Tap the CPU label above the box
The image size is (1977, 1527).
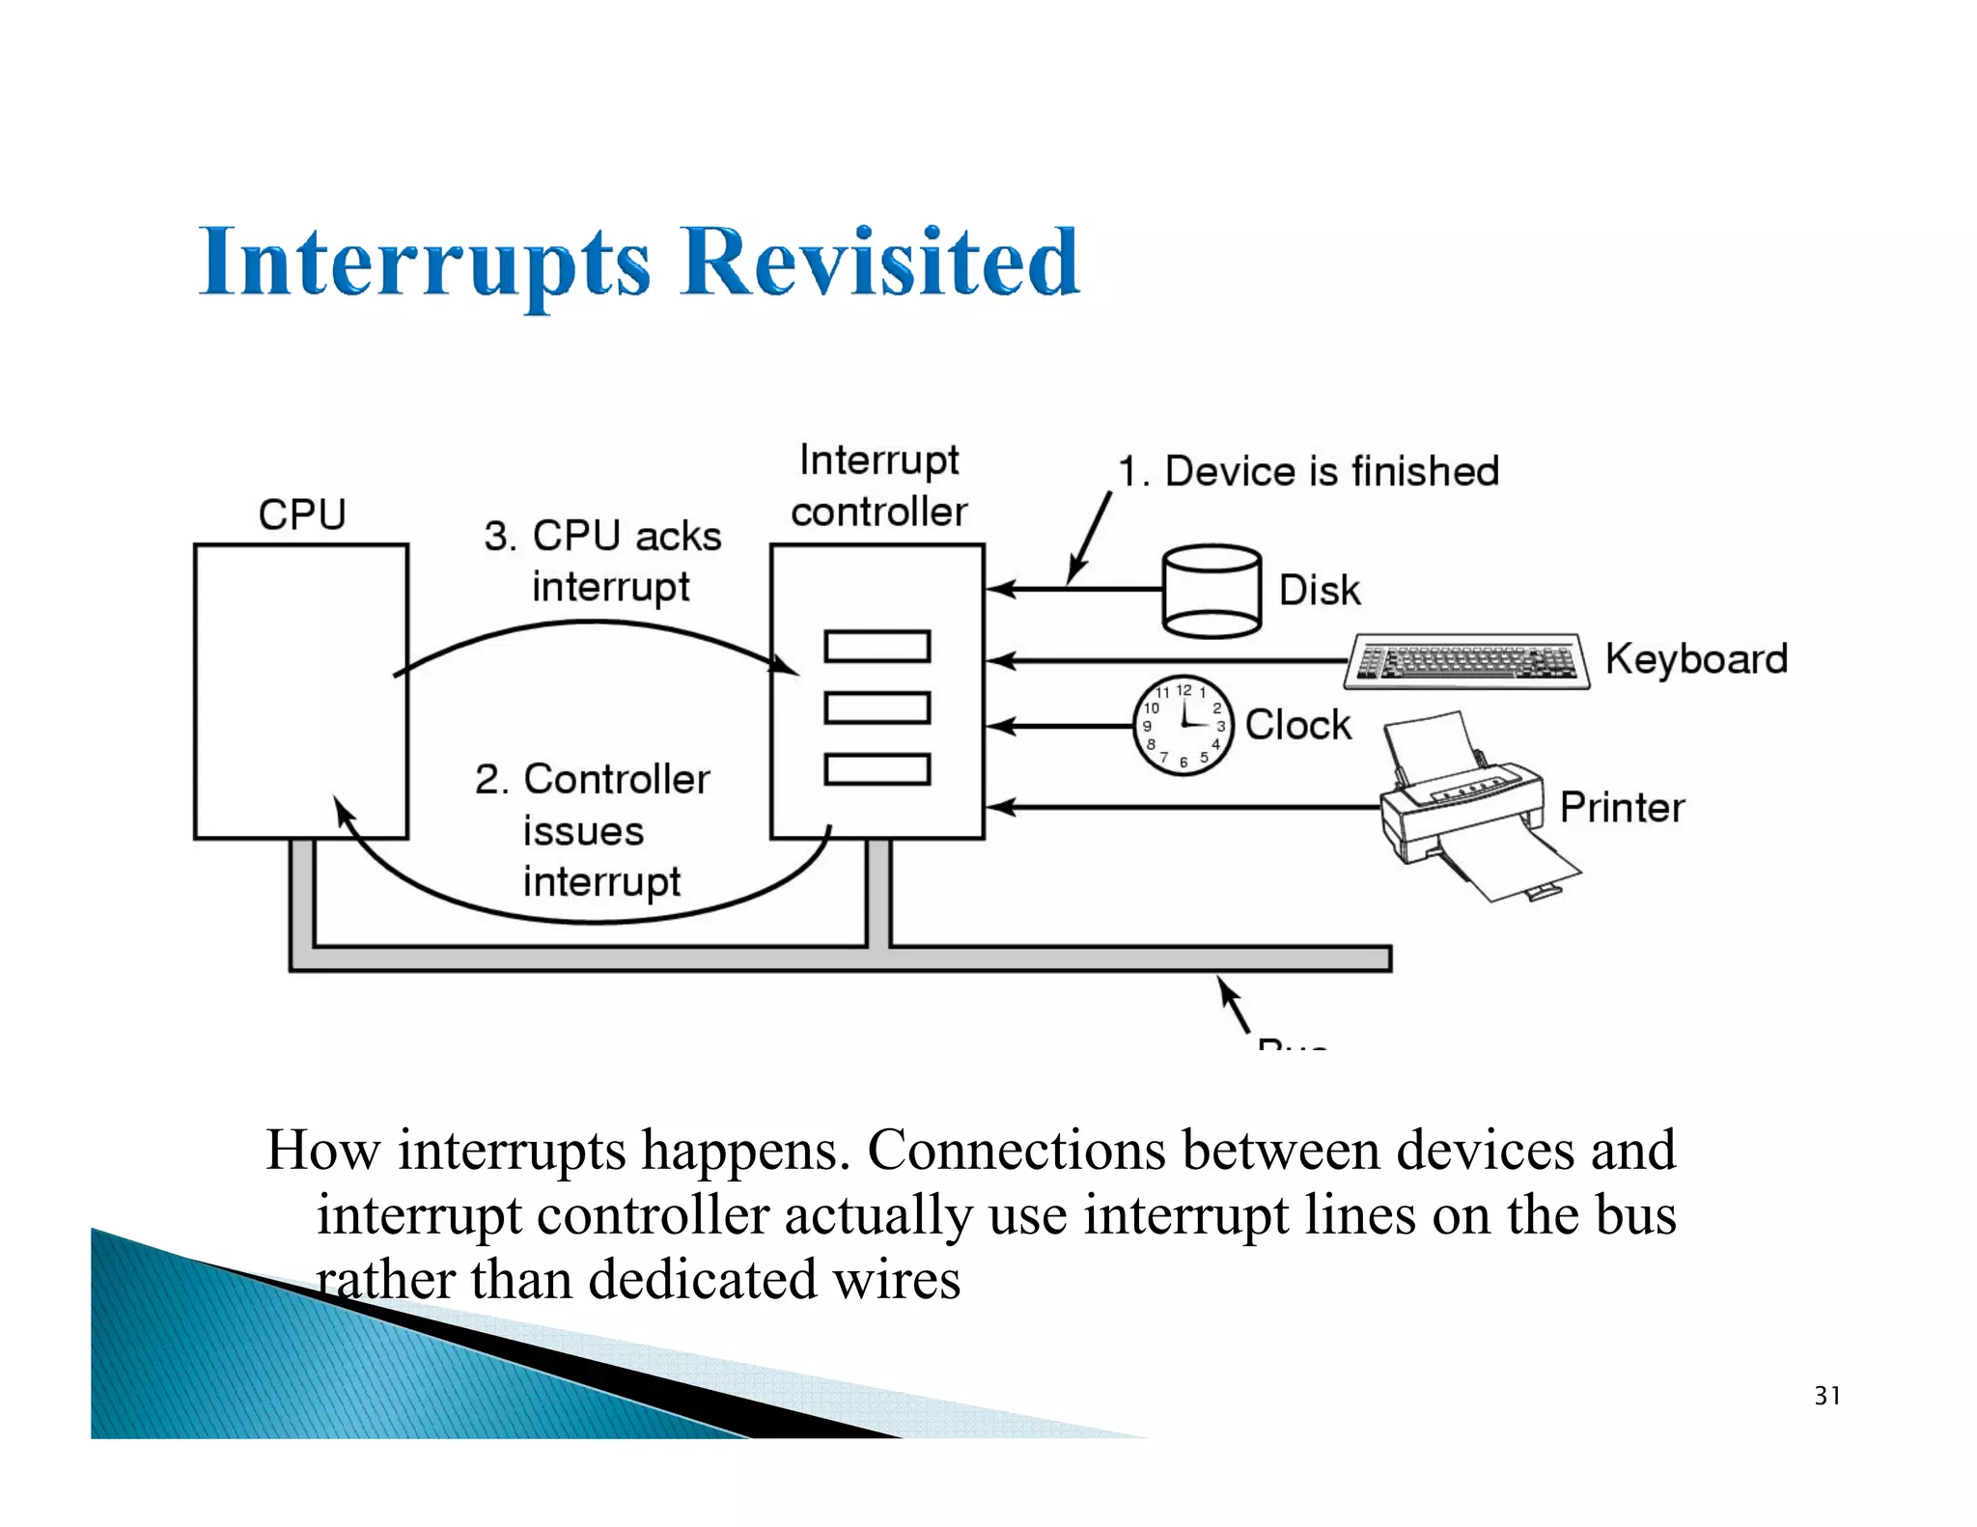(x=301, y=514)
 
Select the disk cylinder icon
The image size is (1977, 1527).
(x=1211, y=591)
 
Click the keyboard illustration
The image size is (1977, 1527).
(x=1465, y=661)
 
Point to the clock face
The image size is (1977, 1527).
(x=1183, y=725)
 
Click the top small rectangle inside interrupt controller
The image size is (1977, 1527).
(x=877, y=646)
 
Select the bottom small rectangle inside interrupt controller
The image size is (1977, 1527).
(x=877, y=769)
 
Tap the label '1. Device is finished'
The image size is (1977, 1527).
(x=1308, y=472)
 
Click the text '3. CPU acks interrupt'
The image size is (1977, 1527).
(x=603, y=561)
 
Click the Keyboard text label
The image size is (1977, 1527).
(x=1695, y=659)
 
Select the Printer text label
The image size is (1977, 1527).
(x=1622, y=808)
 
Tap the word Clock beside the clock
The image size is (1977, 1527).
(x=1297, y=725)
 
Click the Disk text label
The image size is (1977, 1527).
(x=1319, y=590)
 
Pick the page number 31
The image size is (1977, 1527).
(x=1826, y=1396)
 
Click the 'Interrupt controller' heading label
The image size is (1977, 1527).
(x=878, y=486)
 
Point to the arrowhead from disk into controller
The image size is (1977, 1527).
(x=999, y=589)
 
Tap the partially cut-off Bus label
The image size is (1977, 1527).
(x=1293, y=1042)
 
